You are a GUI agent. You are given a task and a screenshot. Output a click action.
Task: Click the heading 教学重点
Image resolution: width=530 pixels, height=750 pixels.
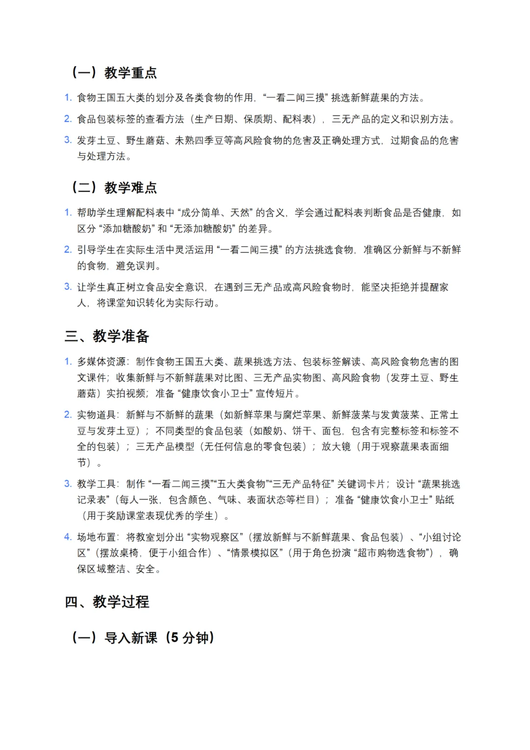point(130,73)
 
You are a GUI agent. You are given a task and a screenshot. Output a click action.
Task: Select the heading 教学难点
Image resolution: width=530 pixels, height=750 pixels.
point(130,188)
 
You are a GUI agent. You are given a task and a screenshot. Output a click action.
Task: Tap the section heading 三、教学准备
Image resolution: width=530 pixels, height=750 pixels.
point(106,336)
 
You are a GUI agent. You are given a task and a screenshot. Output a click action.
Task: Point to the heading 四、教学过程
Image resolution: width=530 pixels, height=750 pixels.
point(106,602)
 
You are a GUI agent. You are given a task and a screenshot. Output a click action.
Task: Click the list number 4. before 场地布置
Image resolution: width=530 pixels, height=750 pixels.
point(68,537)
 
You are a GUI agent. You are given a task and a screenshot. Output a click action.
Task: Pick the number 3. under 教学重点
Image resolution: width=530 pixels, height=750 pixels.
point(68,140)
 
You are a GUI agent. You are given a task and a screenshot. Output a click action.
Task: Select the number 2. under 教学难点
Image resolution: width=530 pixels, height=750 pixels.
point(68,250)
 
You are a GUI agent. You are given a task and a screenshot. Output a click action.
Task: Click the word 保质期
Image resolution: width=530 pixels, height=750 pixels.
point(258,119)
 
